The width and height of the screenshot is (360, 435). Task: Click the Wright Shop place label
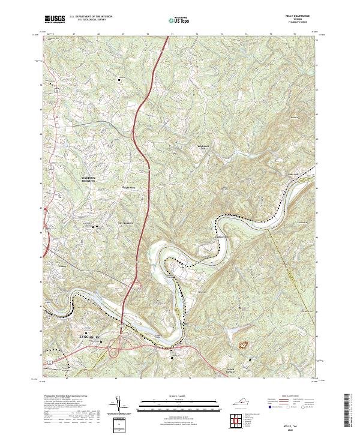127,188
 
